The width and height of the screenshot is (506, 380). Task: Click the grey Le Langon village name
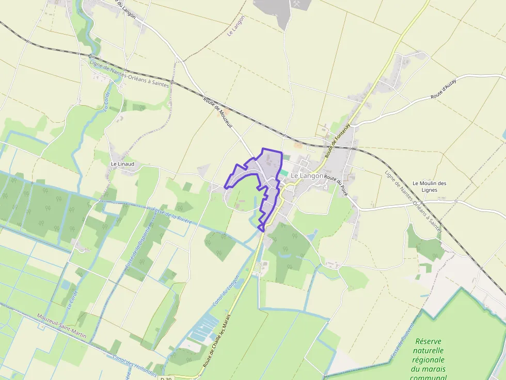coord(307,176)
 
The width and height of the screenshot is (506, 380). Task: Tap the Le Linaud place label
coord(122,164)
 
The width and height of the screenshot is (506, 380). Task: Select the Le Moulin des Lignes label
coord(429,186)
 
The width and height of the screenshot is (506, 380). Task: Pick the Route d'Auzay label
coord(445,92)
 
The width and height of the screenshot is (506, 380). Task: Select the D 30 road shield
coord(166,378)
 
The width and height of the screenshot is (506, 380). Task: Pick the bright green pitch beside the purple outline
coord(284,173)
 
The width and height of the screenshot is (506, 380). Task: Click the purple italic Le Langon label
coord(236,25)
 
